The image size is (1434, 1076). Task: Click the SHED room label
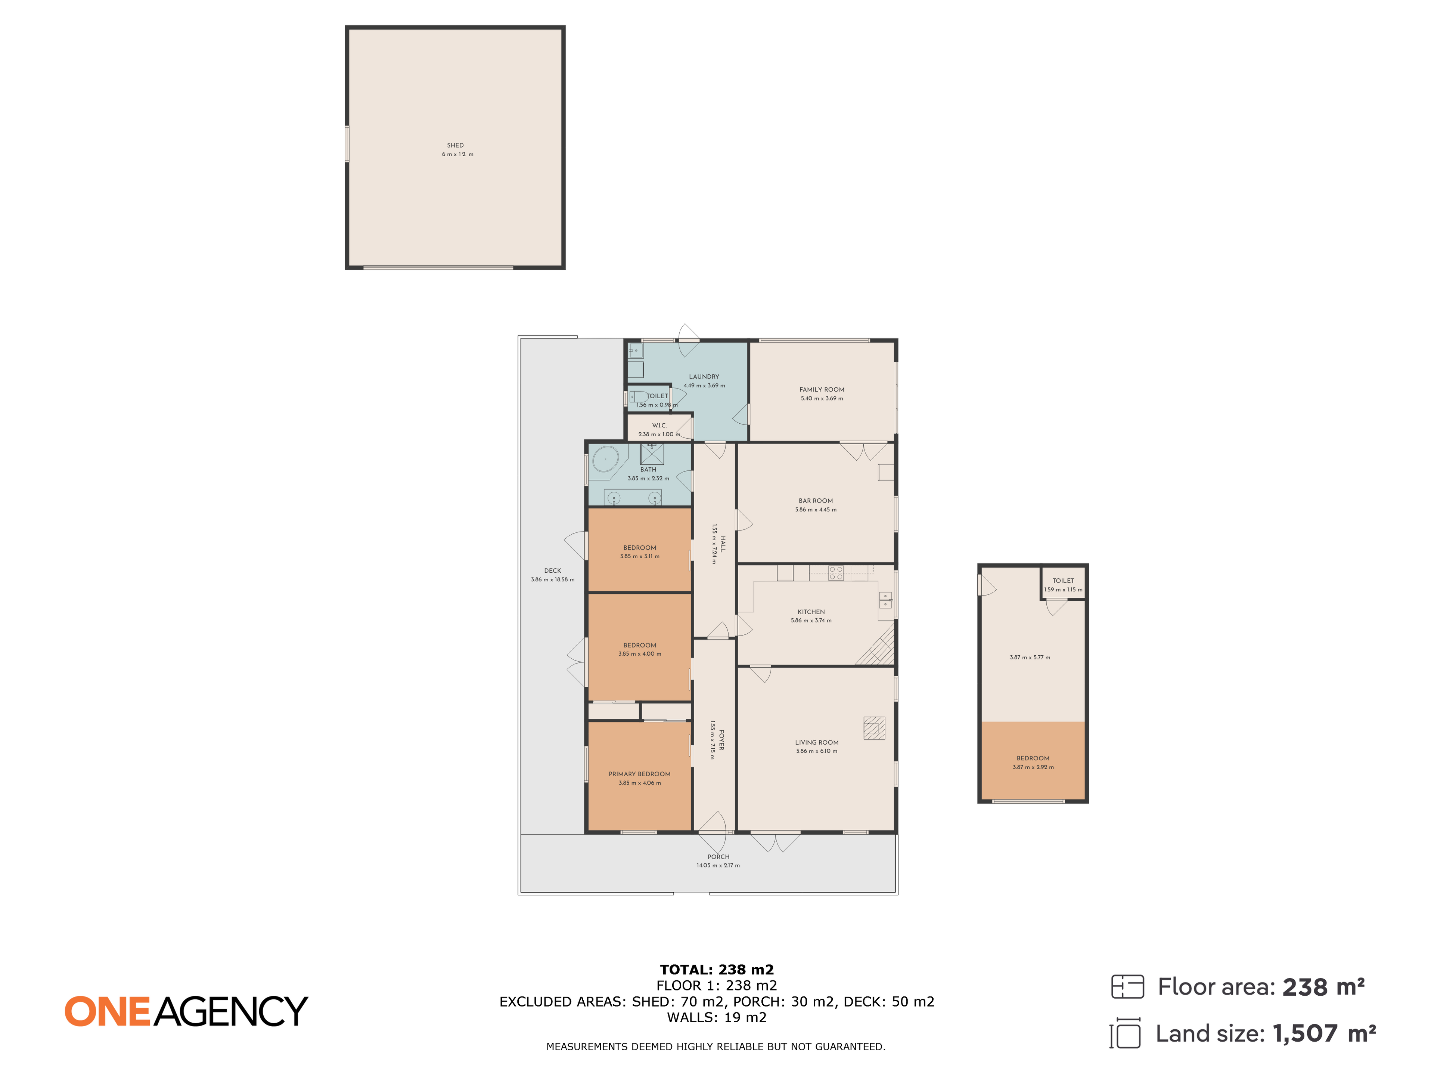(455, 145)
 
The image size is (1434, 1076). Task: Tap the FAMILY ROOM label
(821, 390)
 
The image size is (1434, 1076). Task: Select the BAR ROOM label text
(816, 501)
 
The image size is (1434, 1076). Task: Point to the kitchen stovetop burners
(836, 573)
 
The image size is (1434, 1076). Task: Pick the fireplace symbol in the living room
(874, 728)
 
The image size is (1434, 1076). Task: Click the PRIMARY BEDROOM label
(639, 774)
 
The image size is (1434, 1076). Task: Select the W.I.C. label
(659, 426)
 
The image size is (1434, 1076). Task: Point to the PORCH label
(718, 857)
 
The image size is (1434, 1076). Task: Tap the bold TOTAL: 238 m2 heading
(717, 970)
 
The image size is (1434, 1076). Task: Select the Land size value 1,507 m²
(1324, 1033)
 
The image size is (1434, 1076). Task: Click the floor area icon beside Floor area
(1127, 986)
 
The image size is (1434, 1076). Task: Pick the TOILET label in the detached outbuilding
(1063, 581)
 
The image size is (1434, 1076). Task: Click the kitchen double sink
(885, 600)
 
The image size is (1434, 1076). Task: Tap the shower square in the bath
(652, 453)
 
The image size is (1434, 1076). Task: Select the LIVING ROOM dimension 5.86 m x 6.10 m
(817, 751)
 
